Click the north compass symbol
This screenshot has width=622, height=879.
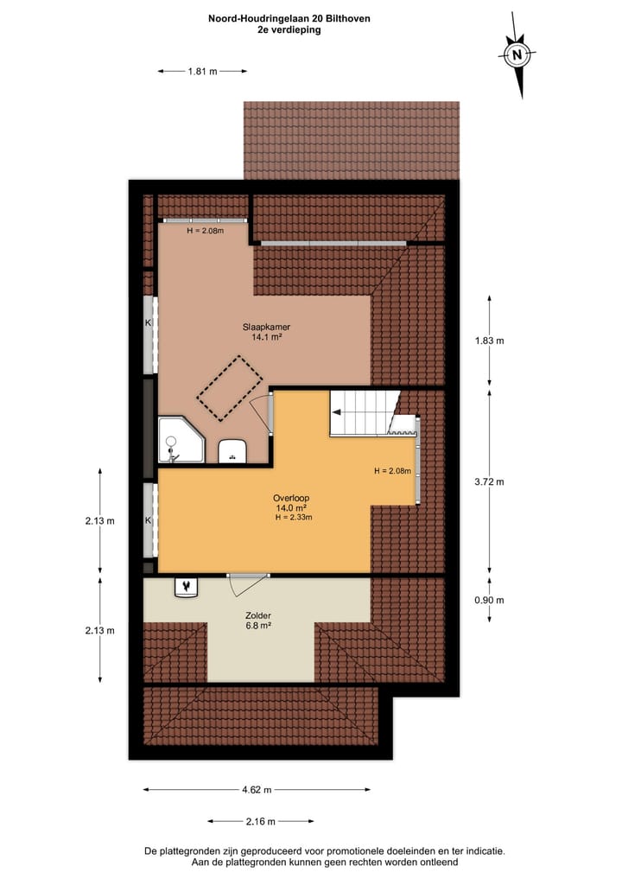pyautogui.click(x=517, y=56)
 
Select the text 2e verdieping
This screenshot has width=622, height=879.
pyautogui.click(x=289, y=29)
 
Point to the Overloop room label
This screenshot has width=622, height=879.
pyautogui.click(x=291, y=498)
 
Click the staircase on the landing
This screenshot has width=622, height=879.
pyautogui.click(x=363, y=413)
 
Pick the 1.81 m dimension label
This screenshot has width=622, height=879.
pyautogui.click(x=202, y=73)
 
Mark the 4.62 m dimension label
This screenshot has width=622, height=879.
pyautogui.click(x=257, y=789)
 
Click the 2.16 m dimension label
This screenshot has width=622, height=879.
pyautogui.click(x=260, y=821)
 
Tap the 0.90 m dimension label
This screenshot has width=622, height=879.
pyautogui.click(x=489, y=600)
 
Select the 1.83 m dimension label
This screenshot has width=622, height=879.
pyautogui.click(x=489, y=341)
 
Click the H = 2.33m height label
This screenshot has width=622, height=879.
pyautogui.click(x=294, y=518)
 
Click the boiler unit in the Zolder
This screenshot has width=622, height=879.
pyautogui.click(x=186, y=587)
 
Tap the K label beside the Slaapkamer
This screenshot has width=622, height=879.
pyautogui.click(x=148, y=322)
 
